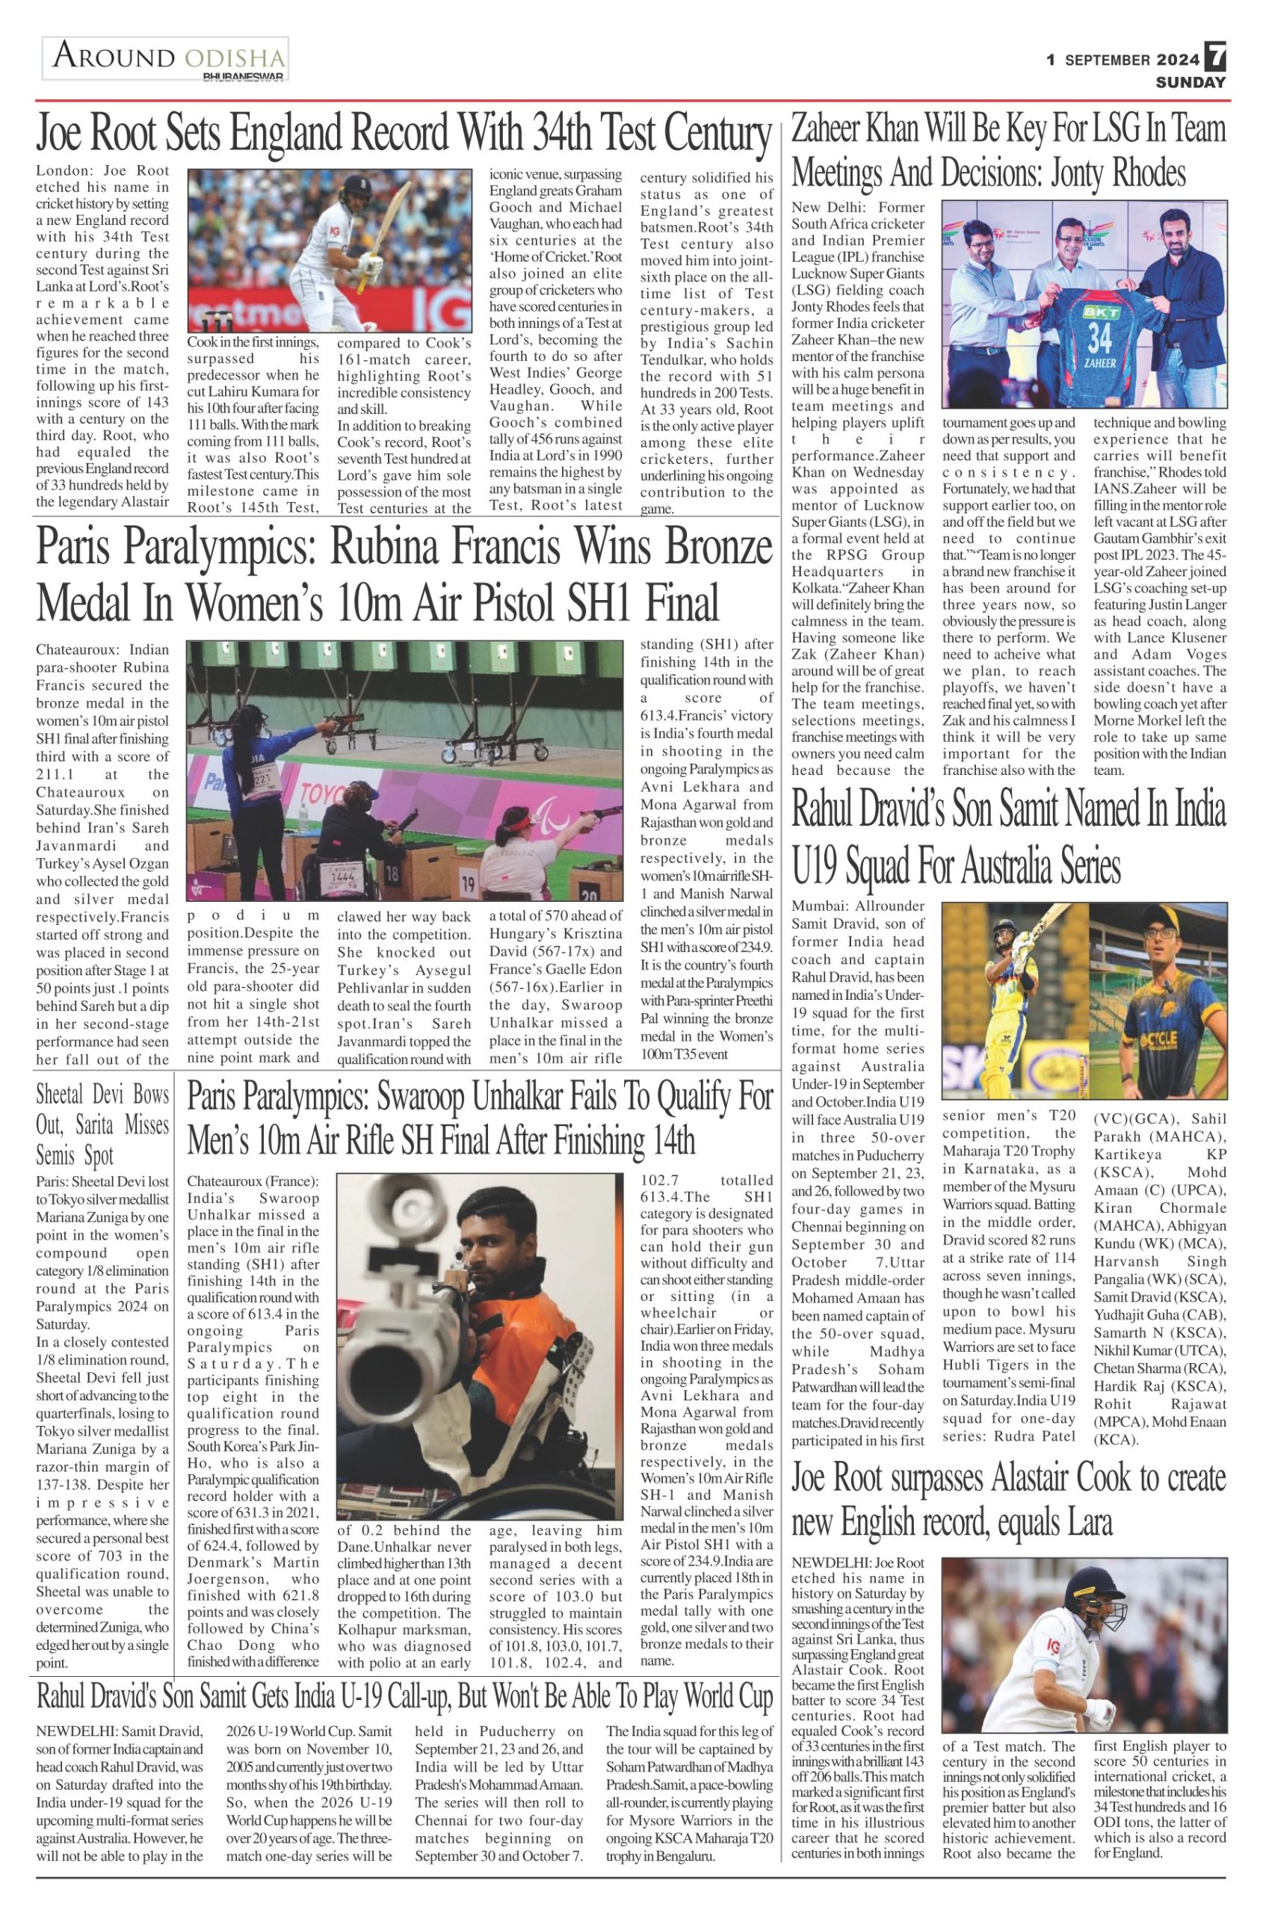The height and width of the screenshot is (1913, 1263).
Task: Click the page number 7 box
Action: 1215,58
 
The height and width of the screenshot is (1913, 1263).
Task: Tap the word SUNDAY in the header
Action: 1191,82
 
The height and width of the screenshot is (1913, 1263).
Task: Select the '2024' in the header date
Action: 1179,60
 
